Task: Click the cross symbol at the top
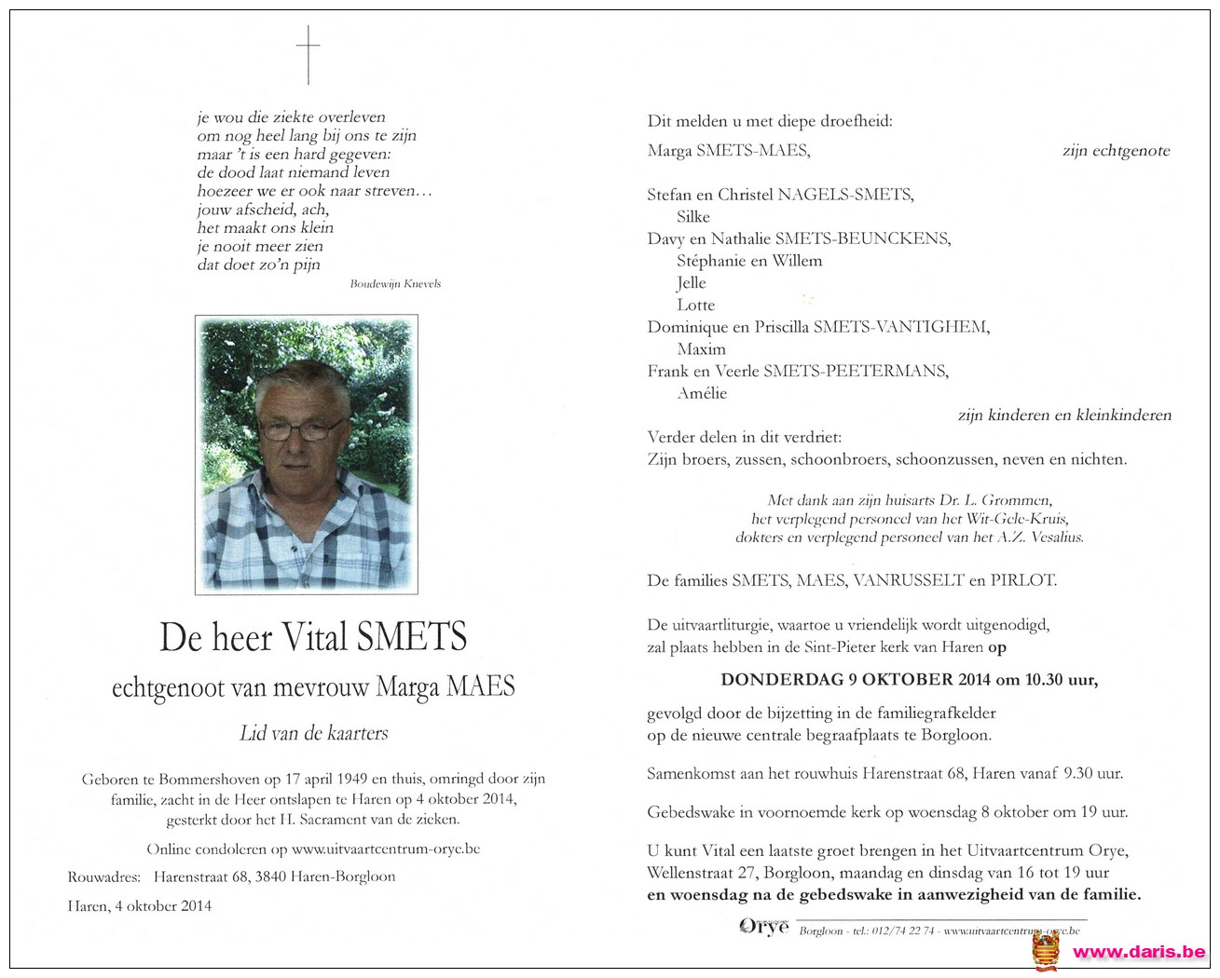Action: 308,54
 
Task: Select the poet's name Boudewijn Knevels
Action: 395,283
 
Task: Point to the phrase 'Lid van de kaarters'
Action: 314,734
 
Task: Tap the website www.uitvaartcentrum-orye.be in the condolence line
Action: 385,849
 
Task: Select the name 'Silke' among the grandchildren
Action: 693,217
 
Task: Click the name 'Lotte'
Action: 696,305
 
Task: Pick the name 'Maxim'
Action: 701,349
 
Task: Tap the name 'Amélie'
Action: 702,393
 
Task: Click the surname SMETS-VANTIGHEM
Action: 900,327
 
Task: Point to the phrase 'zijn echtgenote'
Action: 1116,151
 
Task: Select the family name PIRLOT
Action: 1023,580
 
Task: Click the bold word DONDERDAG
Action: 782,679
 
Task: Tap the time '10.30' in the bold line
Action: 1045,679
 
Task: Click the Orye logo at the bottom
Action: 763,926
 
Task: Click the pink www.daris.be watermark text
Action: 1138,952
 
